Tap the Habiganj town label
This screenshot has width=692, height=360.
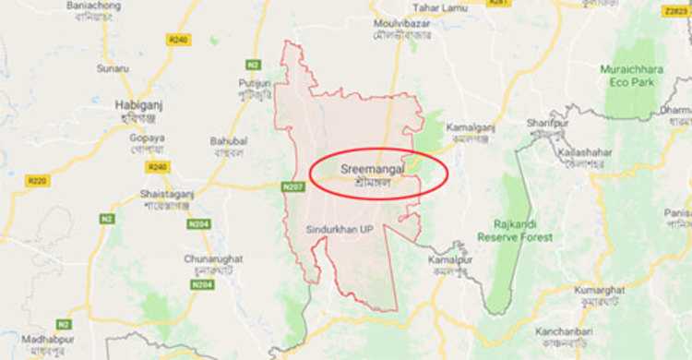tap(138, 105)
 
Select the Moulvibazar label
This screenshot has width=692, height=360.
tap(403, 21)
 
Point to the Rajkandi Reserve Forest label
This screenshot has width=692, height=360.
tap(515, 230)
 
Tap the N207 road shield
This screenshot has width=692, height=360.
tap(293, 187)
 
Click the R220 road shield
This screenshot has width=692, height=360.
tap(37, 181)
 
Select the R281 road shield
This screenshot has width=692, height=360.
tap(499, 3)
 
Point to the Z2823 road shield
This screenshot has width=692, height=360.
tap(676, 11)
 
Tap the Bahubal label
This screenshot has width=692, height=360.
tap(229, 140)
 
